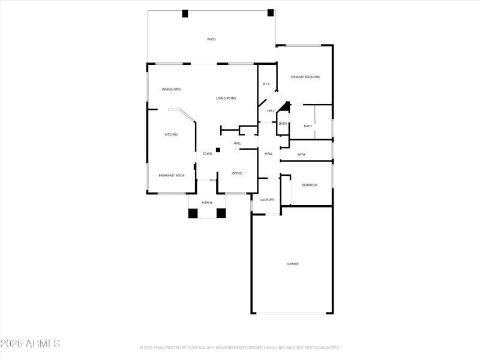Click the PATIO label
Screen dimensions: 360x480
coord(211,40)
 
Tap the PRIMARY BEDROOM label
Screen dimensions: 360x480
coord(305,77)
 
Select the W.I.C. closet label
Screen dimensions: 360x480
coord(266,84)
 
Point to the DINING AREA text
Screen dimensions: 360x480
coord(172,89)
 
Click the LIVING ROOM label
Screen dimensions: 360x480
coord(226,98)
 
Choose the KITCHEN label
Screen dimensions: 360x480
coord(171,134)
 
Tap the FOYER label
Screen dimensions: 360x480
coord(207,154)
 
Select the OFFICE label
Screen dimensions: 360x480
coord(237,173)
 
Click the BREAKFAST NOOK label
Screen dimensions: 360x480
coord(171,175)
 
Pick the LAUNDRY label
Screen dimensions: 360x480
coord(267,200)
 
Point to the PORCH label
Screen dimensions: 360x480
coord(206,203)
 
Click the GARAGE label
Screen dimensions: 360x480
coord(293,264)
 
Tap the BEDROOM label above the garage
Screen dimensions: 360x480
coord(310,185)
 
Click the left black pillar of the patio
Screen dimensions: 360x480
coord(185,13)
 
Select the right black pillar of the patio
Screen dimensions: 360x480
coord(271,12)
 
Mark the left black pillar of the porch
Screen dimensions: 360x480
coord(193,212)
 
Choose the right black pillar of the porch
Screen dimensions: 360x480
coord(221,212)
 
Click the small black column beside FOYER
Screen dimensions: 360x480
coord(218,149)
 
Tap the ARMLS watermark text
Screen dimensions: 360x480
coord(30,344)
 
